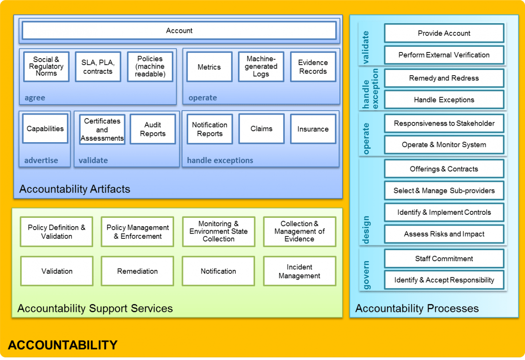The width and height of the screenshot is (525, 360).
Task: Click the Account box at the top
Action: point(179,31)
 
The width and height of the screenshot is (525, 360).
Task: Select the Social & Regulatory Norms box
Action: point(46,66)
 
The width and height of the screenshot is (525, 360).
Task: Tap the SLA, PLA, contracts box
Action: point(97,67)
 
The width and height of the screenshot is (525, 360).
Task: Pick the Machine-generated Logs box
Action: point(261,67)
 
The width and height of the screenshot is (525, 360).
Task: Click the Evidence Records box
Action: point(313,67)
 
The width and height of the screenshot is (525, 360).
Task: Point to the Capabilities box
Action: point(45,129)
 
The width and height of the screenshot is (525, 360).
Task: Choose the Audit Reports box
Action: point(153,129)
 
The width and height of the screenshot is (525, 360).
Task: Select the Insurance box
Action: point(313,129)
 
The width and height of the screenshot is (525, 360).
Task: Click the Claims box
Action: point(261,129)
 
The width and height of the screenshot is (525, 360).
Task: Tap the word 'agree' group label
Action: point(35,98)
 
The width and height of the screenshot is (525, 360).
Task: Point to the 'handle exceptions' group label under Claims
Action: point(220,161)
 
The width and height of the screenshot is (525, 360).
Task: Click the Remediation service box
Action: point(137,271)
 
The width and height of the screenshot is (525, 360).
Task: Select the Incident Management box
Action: point(299,271)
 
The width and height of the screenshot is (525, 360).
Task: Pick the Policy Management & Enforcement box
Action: point(137,232)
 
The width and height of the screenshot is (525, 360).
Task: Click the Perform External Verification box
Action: point(444,55)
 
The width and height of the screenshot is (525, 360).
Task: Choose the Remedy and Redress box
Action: point(444,78)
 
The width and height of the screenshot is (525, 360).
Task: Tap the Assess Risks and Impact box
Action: point(444,234)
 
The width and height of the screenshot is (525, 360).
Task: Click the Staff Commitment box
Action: point(444,259)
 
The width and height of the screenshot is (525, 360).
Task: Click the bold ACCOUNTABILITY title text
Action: point(63,345)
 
